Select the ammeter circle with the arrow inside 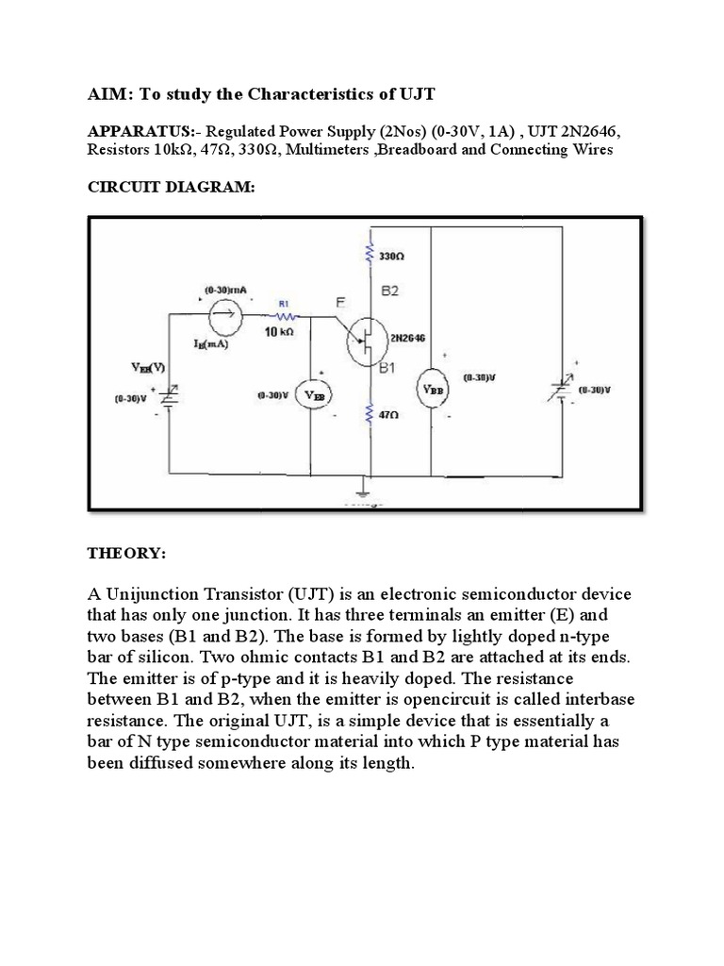224,309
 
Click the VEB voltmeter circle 311,396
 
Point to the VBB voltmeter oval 431,389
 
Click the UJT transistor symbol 363,341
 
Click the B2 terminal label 389,291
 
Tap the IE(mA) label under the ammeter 211,344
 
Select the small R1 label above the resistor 282,305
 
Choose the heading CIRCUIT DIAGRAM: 171,188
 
